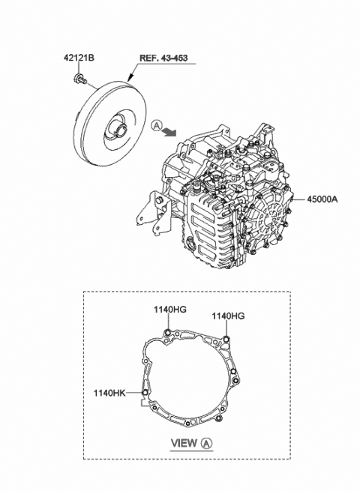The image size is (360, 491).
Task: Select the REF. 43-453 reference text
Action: (162, 58)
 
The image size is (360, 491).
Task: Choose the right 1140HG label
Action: (227, 317)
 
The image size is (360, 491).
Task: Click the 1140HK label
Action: (109, 391)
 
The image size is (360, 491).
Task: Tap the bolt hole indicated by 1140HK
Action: (143, 391)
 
